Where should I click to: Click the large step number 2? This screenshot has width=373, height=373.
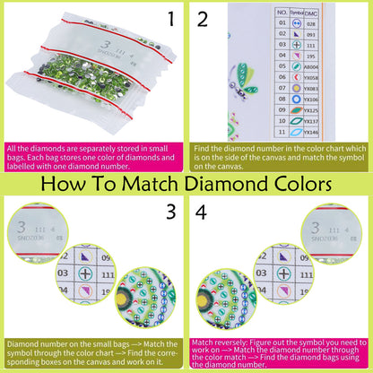click(203, 19)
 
